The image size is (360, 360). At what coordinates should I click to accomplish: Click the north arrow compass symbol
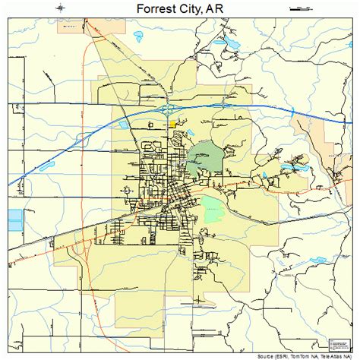pos(59,8)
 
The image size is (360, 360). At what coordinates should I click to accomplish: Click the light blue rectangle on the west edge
pos(14,220)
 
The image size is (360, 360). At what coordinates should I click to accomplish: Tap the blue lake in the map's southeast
pos(317,262)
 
